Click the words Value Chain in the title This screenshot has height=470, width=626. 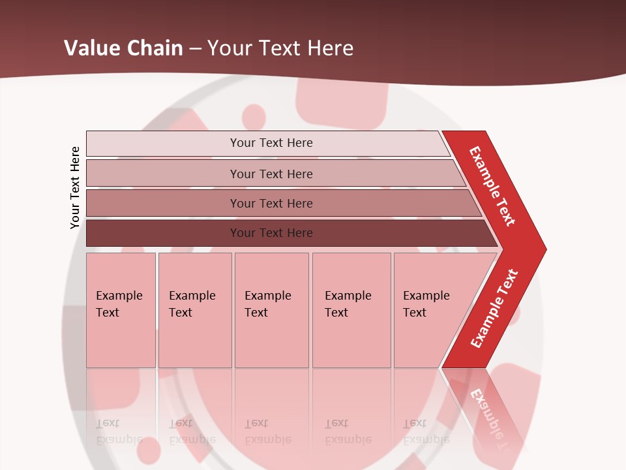(123, 48)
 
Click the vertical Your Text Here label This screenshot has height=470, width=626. (75, 187)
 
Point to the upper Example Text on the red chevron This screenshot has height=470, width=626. (492, 186)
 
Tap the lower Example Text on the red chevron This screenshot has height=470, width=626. (494, 308)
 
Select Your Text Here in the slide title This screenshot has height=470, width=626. (280, 48)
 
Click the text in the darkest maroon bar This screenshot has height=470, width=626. (271, 233)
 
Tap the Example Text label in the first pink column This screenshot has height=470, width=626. (119, 304)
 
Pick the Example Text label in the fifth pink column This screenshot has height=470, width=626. (426, 304)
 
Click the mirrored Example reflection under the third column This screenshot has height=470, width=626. (267, 439)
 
